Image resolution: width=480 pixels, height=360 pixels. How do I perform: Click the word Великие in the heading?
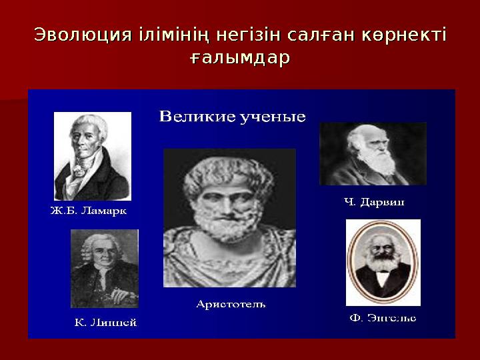(194, 117)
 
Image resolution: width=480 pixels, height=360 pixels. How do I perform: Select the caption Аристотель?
(231, 304)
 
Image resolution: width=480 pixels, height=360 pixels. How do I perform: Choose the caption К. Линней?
(105, 323)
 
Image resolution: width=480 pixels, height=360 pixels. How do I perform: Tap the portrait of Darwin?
(373, 153)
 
